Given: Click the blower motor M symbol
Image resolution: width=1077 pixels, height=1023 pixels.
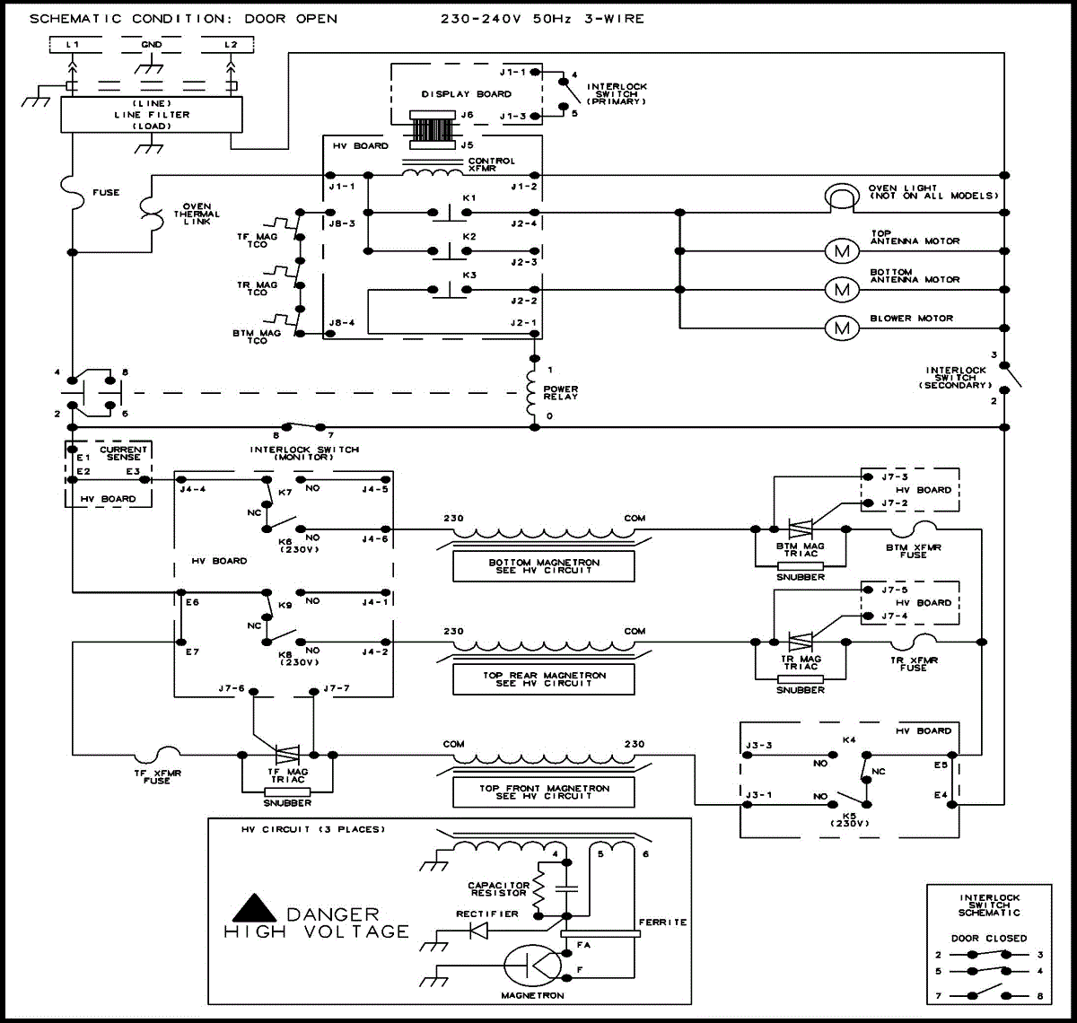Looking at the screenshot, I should [x=841, y=328].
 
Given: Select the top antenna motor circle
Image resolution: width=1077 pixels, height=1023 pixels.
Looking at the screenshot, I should [x=841, y=251].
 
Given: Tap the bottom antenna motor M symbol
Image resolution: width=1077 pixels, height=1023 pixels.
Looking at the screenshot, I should [x=841, y=289].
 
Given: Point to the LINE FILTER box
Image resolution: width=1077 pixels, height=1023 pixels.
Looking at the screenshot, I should [x=151, y=115].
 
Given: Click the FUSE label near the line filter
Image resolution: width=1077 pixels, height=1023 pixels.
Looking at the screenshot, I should [x=106, y=193].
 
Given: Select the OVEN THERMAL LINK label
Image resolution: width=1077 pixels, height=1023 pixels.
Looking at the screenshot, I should [x=197, y=214].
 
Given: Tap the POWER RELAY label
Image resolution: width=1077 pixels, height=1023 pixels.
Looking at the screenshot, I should [x=561, y=393].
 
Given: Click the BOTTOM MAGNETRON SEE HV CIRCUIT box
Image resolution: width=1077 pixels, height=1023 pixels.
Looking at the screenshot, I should [x=543, y=566].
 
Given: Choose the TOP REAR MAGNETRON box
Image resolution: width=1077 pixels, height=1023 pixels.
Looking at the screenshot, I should [x=543, y=679].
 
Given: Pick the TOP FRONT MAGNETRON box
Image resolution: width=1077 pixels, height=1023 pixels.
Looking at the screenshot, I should [x=543, y=792].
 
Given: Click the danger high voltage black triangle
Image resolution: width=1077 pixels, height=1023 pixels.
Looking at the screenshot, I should [x=255, y=908].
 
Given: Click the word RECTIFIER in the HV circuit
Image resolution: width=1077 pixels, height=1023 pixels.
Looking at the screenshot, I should [x=486, y=914].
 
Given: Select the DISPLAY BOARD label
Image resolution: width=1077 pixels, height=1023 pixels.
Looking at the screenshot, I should [x=467, y=94].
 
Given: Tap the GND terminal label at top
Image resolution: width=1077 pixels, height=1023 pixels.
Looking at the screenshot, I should [x=152, y=44].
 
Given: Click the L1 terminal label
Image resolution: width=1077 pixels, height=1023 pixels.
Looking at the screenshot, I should [x=74, y=44].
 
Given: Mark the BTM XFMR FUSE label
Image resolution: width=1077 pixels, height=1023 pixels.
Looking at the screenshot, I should [x=913, y=551].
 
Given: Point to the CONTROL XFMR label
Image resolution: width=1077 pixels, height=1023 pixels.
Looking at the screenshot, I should [x=492, y=165].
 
